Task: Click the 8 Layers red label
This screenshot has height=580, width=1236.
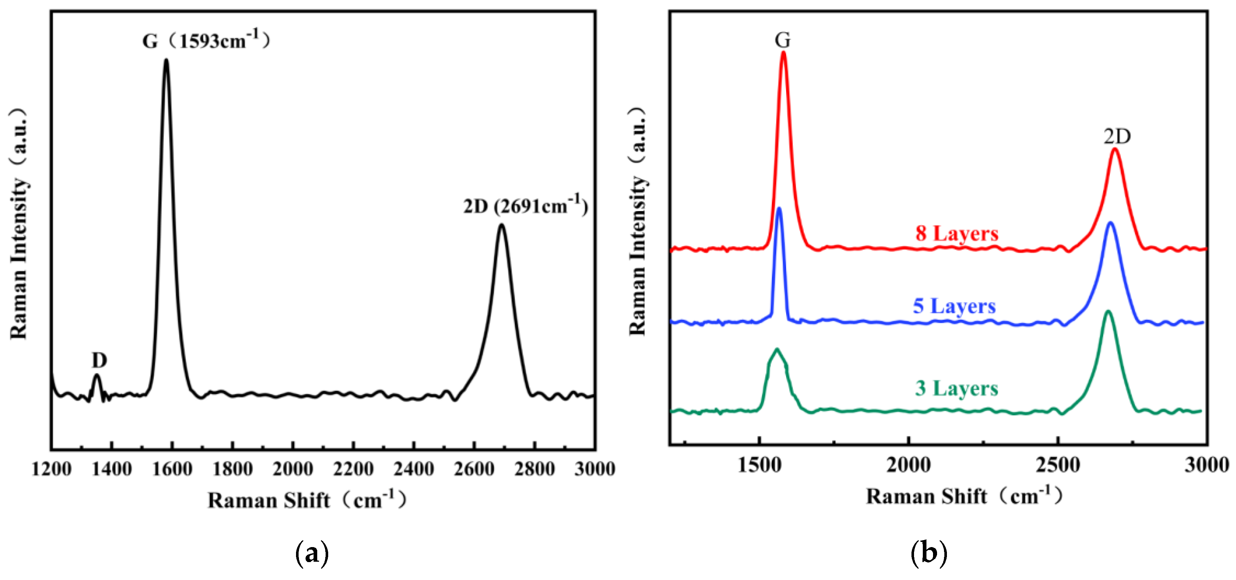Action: pos(957,233)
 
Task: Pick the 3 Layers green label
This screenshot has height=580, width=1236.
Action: pos(956,388)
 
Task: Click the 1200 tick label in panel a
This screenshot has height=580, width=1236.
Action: pos(51,468)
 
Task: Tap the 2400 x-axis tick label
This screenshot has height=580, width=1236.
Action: pos(414,468)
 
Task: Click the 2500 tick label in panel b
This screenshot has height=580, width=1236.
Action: pos(1058,465)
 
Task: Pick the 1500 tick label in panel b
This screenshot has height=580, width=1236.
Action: pos(759,465)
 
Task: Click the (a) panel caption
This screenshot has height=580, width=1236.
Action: pos(312,554)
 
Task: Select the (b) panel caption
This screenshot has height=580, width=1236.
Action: pos(929,554)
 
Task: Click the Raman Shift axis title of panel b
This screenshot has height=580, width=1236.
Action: pos(964,496)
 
